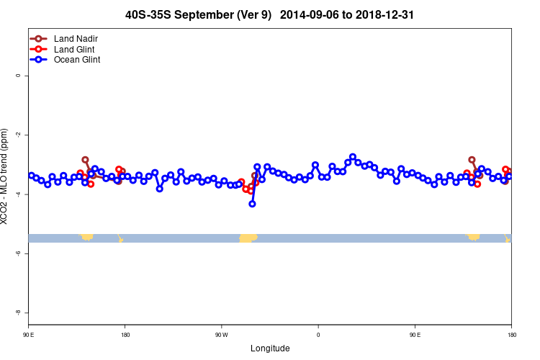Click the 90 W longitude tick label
[x=221, y=335]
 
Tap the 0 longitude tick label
[x=318, y=335]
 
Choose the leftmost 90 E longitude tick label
[x=28, y=335]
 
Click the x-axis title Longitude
[x=270, y=348]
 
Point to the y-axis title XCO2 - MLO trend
[x=6, y=176]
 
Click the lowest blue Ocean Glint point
[x=252, y=204]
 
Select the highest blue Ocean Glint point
[x=353, y=157]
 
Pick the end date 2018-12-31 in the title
[x=389, y=14]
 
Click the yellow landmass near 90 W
[x=247, y=238]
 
